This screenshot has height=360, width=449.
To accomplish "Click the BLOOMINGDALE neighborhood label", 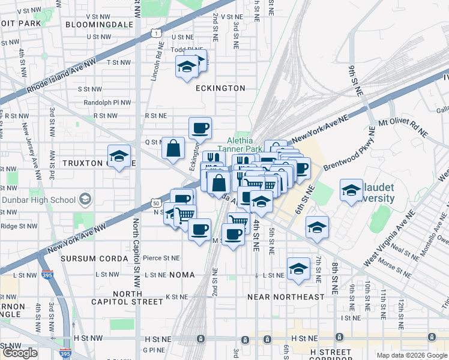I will [98, 24].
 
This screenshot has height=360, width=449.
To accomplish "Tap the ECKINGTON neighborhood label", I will [220, 88].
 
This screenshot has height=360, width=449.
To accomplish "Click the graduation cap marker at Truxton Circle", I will [119, 157].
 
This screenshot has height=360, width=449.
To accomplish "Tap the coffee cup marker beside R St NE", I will [200, 127].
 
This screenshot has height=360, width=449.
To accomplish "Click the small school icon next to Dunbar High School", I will [85, 199].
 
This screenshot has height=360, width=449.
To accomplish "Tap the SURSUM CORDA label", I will [94, 259].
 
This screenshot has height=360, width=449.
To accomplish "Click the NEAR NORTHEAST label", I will [286, 297].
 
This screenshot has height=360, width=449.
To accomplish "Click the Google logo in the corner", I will [20, 353].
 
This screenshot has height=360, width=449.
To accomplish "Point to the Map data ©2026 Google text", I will [411, 355].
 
